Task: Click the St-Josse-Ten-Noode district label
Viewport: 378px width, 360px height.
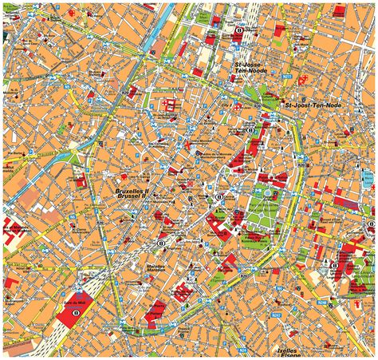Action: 248,65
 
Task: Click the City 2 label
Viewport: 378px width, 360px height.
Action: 226,104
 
